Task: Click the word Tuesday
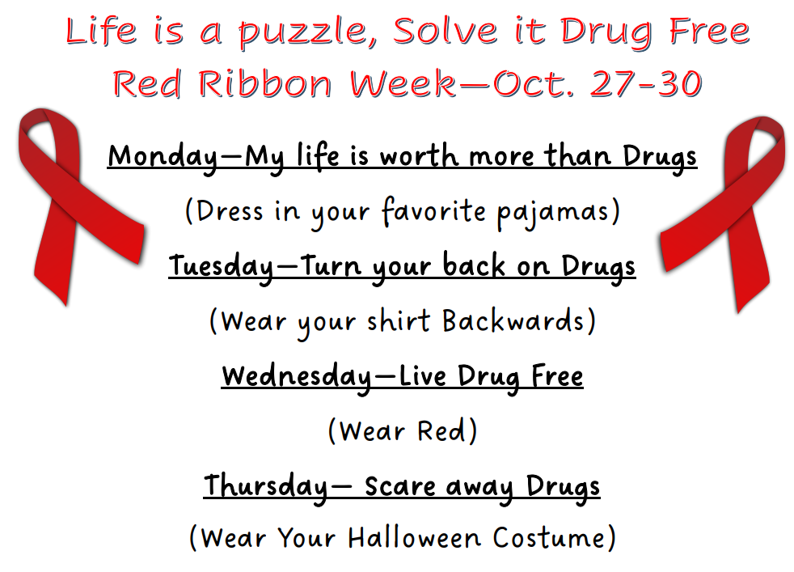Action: [220, 266]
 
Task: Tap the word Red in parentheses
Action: [441, 431]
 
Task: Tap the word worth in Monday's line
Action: [426, 156]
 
